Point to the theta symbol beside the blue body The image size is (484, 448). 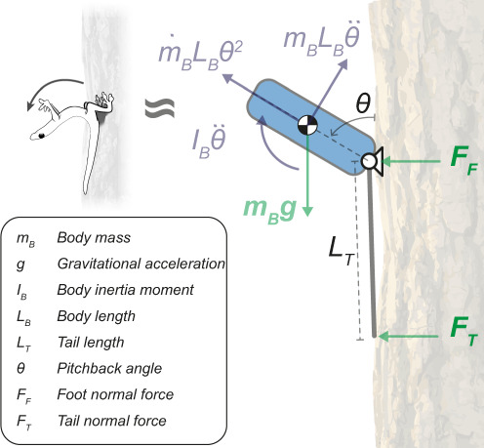point(363,102)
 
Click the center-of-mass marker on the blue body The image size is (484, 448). point(306,125)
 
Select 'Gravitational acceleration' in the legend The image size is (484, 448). point(141,264)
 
